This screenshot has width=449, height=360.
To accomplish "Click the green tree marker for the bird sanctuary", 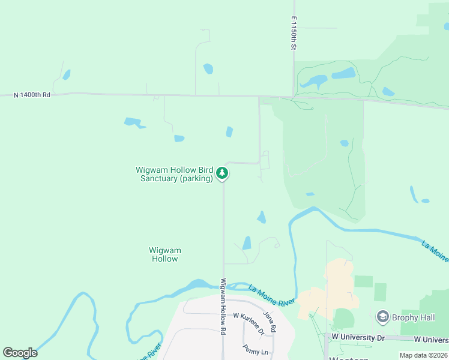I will pos(222,173).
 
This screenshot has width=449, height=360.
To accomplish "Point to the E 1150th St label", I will pos(295,33).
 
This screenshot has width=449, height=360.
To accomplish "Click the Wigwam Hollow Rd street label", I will pos(223,306).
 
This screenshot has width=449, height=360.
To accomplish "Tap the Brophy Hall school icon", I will pos(382,316).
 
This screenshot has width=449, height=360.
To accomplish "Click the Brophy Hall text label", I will pos(413,317).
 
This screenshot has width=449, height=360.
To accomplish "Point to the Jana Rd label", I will pos(270,320).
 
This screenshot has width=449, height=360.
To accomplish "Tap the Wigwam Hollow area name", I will pos(165,254).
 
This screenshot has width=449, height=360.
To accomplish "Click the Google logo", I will pos(20,353).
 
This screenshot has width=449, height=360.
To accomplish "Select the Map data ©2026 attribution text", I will pos(424,355).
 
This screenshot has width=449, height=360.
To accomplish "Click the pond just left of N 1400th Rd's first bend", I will pos(66,75).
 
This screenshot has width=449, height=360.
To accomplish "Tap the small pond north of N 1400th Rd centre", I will pos(208,68).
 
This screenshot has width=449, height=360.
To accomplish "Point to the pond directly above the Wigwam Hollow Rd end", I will pos(247,242).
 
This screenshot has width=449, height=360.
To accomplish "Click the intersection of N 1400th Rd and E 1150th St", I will pos(294,97).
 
